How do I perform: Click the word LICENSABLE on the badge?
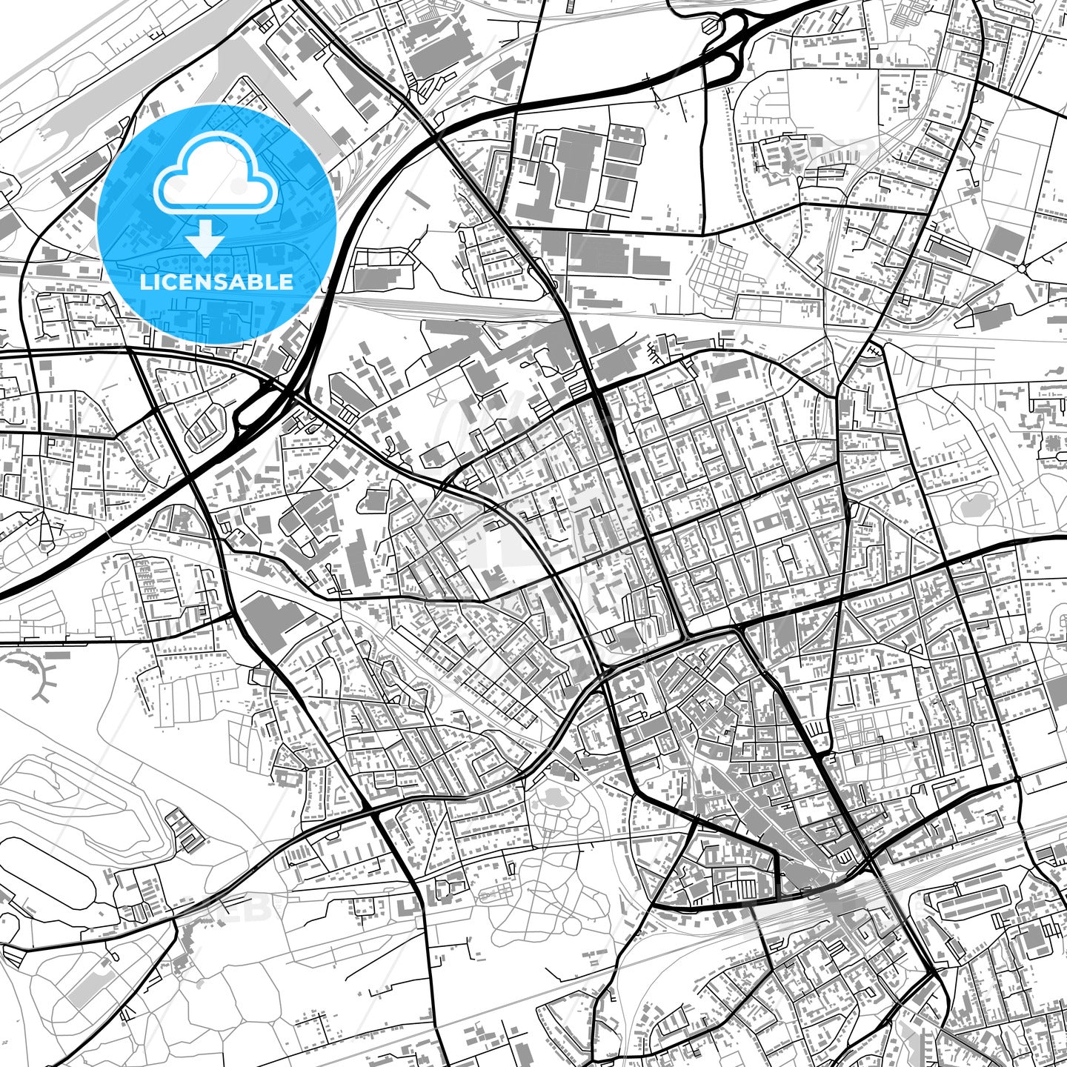pos(217,282)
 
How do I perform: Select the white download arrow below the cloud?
pos(205,239)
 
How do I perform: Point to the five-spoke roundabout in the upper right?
pos(1023,267)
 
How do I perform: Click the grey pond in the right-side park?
pos(973,507)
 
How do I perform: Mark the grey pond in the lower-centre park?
pos(552,798)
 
